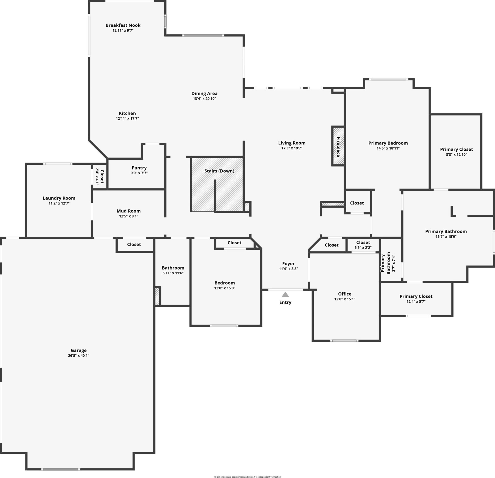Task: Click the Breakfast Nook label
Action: click(123, 25)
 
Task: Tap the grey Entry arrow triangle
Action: click(285, 294)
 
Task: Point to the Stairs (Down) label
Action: click(219, 171)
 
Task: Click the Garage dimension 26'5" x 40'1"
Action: click(79, 355)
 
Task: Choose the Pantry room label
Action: click(139, 168)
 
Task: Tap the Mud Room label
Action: click(128, 211)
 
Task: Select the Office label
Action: click(345, 294)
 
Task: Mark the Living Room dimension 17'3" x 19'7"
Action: click(292, 148)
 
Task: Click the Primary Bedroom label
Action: click(388, 143)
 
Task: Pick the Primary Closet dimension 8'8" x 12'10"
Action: click(456, 154)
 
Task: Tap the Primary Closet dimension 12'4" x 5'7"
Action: click(416, 301)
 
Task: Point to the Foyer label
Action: click(288, 263)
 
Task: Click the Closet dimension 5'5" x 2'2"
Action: click(363, 247)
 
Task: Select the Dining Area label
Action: click(204, 93)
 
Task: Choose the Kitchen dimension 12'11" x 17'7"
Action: click(127, 118)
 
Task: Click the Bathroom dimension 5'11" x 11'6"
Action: click(173, 273)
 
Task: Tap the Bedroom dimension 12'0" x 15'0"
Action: click(225, 288)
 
